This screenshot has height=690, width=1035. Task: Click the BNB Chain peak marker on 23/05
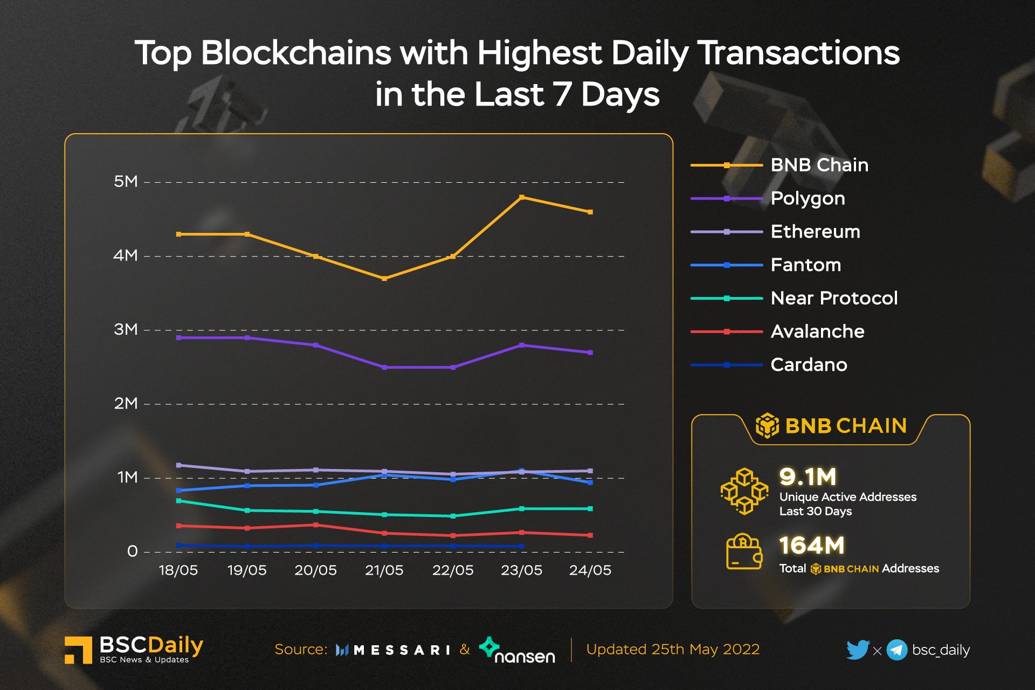coord(521,197)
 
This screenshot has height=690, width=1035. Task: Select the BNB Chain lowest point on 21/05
coord(384,279)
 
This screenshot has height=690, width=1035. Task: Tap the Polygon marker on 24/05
coord(590,353)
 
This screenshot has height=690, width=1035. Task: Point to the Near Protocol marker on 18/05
coord(178,501)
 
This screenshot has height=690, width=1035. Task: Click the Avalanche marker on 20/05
coord(316,525)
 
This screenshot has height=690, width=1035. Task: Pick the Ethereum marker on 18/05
coord(178,465)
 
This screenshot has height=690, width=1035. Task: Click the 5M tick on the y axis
coord(126,182)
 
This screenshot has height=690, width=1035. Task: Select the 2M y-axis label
coord(126,403)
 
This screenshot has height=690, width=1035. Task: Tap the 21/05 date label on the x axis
coord(384,570)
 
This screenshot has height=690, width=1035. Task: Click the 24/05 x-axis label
coord(590,570)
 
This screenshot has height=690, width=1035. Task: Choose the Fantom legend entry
coord(805,265)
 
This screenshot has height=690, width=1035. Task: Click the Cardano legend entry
coord(808,365)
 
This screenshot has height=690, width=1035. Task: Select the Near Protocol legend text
coord(834,298)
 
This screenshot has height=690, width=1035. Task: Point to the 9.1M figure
coord(808,477)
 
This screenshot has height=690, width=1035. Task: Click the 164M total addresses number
coord(812,546)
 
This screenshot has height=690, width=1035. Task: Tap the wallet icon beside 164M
coord(744,552)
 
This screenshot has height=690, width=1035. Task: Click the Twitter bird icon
coord(857,650)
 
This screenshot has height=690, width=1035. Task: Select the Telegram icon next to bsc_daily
coord(897,650)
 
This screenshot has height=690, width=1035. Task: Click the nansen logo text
coord(524,656)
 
